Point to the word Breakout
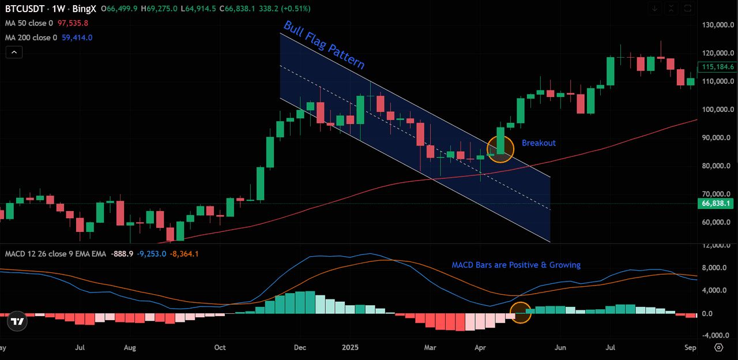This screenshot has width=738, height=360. [539, 143]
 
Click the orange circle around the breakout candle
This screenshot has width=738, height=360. [500, 149]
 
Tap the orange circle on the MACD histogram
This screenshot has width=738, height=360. [520, 313]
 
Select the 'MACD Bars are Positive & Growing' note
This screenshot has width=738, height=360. [515, 265]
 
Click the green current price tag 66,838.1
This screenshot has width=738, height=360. [716, 204]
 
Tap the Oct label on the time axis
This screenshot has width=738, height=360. [220, 348]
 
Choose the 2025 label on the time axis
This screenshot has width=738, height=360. [350, 348]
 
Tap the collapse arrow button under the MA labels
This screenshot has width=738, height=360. [14, 52]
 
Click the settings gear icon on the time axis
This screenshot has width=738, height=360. [718, 347]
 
